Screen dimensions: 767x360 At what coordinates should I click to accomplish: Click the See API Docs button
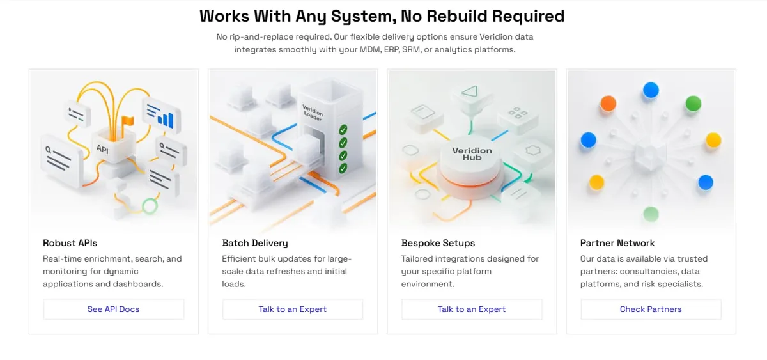coord(113,309)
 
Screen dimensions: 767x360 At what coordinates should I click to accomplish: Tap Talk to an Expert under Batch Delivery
coord(293,309)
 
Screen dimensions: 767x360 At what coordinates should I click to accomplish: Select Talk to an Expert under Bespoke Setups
coord(472,309)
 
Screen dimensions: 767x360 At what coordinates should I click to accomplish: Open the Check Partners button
coord(651,309)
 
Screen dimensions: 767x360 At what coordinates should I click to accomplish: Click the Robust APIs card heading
coord(70,243)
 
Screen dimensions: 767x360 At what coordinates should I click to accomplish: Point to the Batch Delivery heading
coord(255,243)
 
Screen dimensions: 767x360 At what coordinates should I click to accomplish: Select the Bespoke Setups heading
coord(438,243)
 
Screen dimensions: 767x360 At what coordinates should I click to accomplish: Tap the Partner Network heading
coord(617,243)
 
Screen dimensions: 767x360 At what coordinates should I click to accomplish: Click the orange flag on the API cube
coord(128,121)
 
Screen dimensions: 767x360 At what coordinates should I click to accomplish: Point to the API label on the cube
coord(102,149)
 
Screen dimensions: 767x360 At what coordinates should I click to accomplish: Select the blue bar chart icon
coord(166,120)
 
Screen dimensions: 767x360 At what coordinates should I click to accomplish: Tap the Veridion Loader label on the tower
coord(313,113)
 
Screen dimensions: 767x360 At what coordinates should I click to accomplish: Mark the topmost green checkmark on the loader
coord(343,129)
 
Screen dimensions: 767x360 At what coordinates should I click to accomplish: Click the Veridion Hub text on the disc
coord(472,154)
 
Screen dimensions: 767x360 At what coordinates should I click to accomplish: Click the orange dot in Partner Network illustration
coord(608,104)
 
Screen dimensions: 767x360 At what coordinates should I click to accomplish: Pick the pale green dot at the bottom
coord(651,214)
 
